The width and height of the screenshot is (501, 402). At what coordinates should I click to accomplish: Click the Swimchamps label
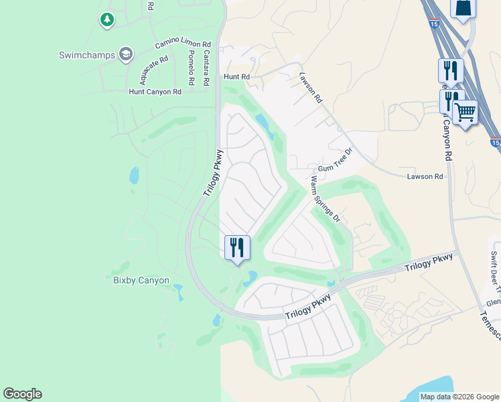coord(86,55)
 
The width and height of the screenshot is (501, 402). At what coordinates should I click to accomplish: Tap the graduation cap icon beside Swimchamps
coord(125,54)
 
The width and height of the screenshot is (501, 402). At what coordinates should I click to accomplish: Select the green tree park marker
coord(106,20)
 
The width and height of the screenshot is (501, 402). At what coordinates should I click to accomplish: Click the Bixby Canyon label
coord(141,280)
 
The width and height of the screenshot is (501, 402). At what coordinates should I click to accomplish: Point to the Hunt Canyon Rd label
coord(155,92)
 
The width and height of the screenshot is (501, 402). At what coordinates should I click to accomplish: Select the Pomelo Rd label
coord(191,67)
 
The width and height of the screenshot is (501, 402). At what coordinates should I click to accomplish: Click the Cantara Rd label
coord(206,67)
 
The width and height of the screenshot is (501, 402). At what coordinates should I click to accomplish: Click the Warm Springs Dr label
coord(326,198)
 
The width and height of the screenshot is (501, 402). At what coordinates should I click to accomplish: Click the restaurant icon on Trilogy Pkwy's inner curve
coord(236,247)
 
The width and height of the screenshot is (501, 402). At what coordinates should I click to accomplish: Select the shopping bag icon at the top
coord(463,9)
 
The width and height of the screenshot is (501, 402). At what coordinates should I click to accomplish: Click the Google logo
coord(22,394)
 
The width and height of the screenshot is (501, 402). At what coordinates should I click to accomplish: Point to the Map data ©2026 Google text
coord(459,397)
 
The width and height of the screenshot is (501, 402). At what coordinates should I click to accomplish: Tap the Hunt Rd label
coord(236,77)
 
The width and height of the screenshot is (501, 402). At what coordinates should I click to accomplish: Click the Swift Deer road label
coord(494,268)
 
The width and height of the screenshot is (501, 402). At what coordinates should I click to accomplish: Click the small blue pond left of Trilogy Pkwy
coord(134,176)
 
